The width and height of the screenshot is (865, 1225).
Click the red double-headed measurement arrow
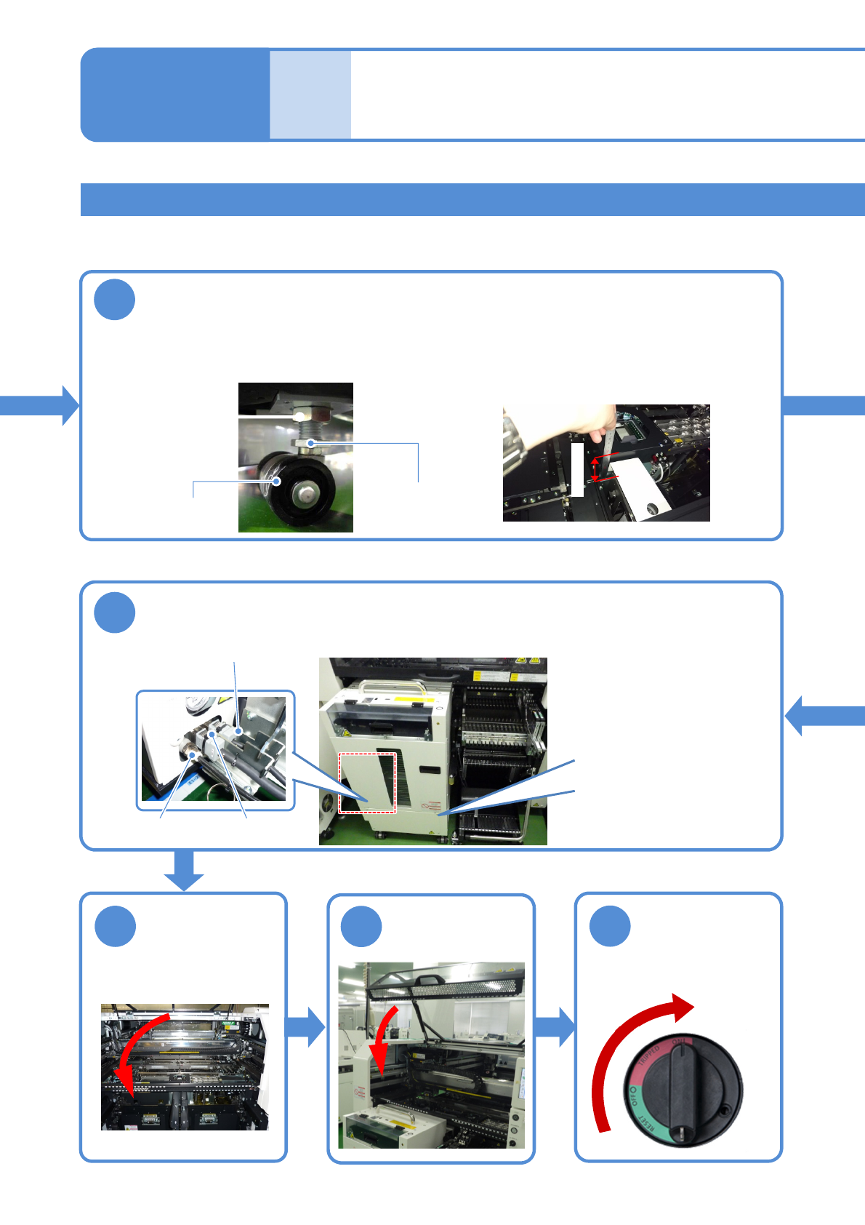tap(595, 469)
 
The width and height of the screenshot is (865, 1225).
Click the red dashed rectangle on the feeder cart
tap(368, 783)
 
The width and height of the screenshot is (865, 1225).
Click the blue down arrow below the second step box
tap(184, 870)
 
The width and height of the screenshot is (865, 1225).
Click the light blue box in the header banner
tap(310, 95)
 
